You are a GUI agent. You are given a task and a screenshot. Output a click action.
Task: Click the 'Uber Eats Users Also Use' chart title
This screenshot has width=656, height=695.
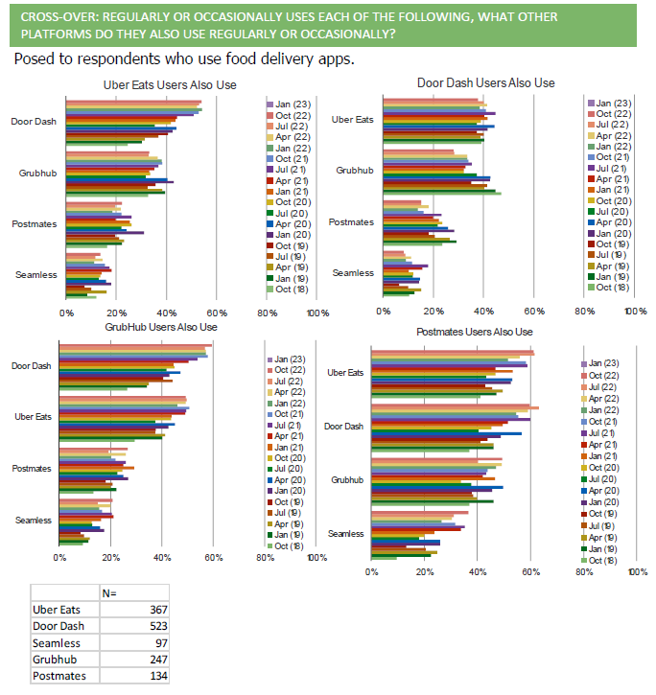170,85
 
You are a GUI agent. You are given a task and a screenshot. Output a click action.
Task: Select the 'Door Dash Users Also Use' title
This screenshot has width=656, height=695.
486,82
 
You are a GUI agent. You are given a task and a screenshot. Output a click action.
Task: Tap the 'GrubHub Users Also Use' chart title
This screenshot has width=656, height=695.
162,327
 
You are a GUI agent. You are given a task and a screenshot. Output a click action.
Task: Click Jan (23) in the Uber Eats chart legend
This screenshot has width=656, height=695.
293,103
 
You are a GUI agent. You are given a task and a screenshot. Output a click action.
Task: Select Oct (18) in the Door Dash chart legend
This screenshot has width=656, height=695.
614,287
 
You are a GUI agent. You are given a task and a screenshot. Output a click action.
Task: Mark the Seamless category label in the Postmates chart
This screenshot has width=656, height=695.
345,533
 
